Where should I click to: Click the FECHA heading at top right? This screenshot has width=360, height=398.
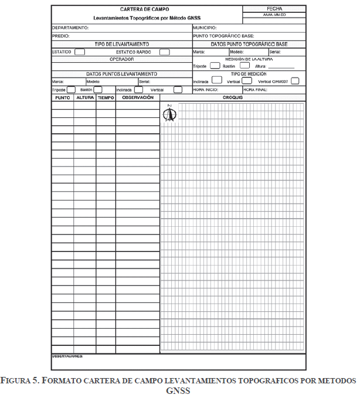coord(274,9)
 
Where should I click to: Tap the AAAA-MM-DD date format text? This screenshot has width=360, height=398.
coord(274,16)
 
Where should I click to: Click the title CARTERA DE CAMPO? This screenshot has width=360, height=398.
coord(144,9)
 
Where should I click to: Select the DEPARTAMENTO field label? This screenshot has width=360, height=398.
coord(70,28)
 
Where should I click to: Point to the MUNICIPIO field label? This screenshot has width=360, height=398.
coord(205,28)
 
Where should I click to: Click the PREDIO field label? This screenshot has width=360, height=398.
coord(61,36)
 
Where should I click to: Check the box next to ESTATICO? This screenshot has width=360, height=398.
coord(79,52)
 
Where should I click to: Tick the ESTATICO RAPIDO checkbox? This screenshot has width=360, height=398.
coord(165,52)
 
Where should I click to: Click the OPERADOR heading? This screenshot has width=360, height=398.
coord(121,59)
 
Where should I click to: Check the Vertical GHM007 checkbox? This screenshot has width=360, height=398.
coord(295,81)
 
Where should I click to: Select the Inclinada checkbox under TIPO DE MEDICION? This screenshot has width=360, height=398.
coord(216,80)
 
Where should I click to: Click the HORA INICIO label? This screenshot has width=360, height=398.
coord(206,90)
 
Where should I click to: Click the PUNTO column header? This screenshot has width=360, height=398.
coord(63,98)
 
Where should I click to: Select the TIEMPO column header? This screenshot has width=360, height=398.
coord(106,98)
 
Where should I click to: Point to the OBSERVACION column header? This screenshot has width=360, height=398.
coord(137,98)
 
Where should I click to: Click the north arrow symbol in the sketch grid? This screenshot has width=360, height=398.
coord(169,114)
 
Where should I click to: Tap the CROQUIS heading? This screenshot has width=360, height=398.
coord(233,97)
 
